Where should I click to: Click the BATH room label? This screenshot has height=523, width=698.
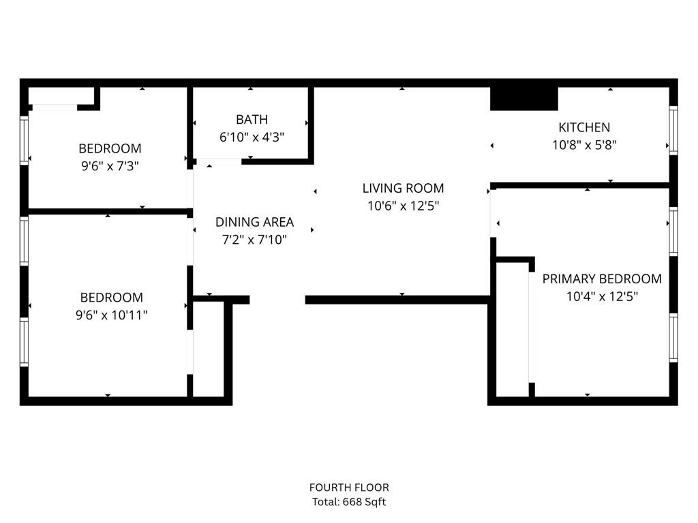pos(252,120)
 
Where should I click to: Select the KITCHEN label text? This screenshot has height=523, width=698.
pos(584,127)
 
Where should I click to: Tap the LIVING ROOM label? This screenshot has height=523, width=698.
pos(403,189)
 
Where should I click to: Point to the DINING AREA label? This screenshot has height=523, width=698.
pos(254,222)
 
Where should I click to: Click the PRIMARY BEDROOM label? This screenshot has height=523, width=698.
pos(602,279)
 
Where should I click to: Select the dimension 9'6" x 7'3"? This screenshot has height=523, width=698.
pos(110,165)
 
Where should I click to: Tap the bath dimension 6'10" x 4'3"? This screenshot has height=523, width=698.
pos(252,137)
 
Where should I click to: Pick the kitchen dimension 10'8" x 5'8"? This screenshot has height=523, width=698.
pos(584,144)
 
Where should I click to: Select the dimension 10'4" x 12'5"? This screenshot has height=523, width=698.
pos(602,296)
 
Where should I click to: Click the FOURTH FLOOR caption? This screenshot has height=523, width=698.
pos(349,488)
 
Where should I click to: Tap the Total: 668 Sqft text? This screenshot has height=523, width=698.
pos(349,503)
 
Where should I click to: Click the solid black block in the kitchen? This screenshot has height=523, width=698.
pos(524,99)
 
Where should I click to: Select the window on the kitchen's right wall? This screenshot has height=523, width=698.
pos(673,131)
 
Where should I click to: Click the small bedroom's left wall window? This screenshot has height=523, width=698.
pos(25,140)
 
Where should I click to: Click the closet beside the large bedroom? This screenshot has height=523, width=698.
pos(209,349)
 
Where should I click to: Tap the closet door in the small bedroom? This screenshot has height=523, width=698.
pos(55,107)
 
